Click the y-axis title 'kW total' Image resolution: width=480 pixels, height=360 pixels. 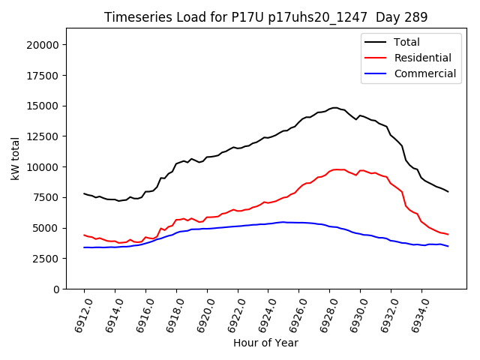pyautogui.click(x=15, y=158)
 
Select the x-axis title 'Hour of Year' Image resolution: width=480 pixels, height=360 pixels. pyautogui.click(x=265, y=343)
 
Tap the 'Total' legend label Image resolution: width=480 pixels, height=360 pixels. pyautogui.click(x=407, y=43)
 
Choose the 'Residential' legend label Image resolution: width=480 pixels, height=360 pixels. pyautogui.click(x=422, y=58)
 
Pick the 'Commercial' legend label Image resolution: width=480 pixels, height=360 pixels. pyautogui.click(x=424, y=73)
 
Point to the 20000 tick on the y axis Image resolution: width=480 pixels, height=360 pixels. pyautogui.click(x=43, y=45)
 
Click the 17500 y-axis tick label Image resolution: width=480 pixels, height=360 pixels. pyautogui.click(x=43, y=76)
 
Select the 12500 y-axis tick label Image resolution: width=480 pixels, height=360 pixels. pyautogui.click(x=43, y=136)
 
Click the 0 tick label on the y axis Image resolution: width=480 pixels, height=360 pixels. pyautogui.click(x=56, y=289)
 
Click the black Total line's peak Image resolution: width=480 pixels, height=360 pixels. pyautogui.click(x=335, y=108)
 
